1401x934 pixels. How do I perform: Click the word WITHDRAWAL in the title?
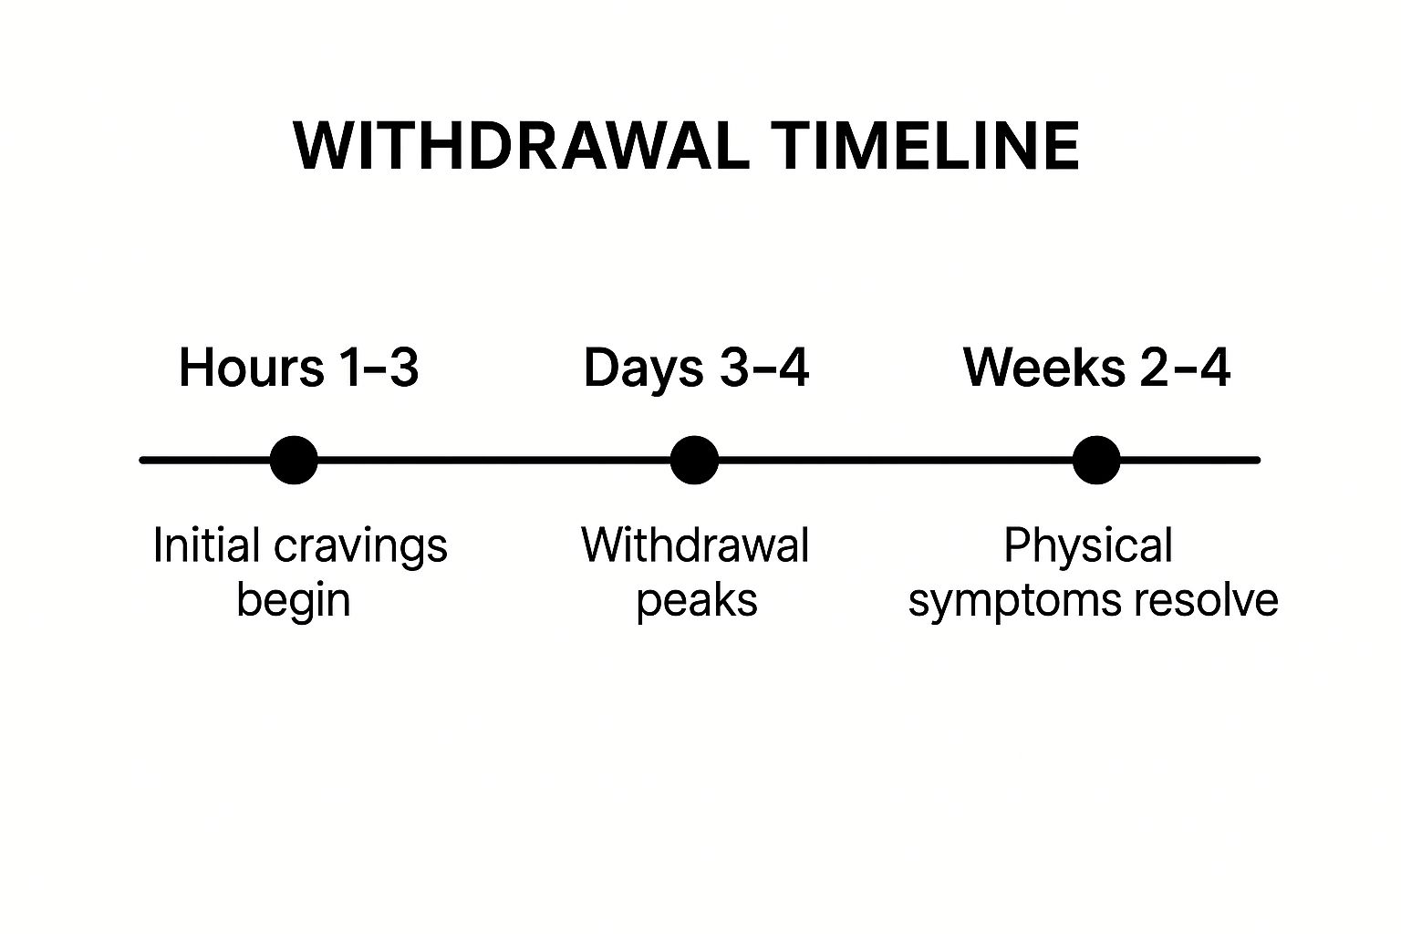pyautogui.click(x=521, y=146)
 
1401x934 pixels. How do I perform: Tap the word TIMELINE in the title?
pyautogui.click(x=925, y=146)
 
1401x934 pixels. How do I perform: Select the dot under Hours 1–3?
pyautogui.click(x=294, y=461)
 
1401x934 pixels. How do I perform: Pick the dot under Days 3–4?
pyautogui.click(x=694, y=461)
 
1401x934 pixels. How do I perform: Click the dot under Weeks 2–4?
pyautogui.click(x=1096, y=461)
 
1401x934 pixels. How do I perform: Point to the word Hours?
pyautogui.click(x=252, y=368)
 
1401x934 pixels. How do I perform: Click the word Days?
pyautogui.click(x=644, y=369)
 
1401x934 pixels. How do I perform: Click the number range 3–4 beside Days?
pyautogui.click(x=764, y=368)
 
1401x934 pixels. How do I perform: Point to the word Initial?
pyautogui.click(x=206, y=545)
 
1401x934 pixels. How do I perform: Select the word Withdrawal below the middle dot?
pyautogui.click(x=696, y=545)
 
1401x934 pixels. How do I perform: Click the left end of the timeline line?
pyautogui.click(x=141, y=461)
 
